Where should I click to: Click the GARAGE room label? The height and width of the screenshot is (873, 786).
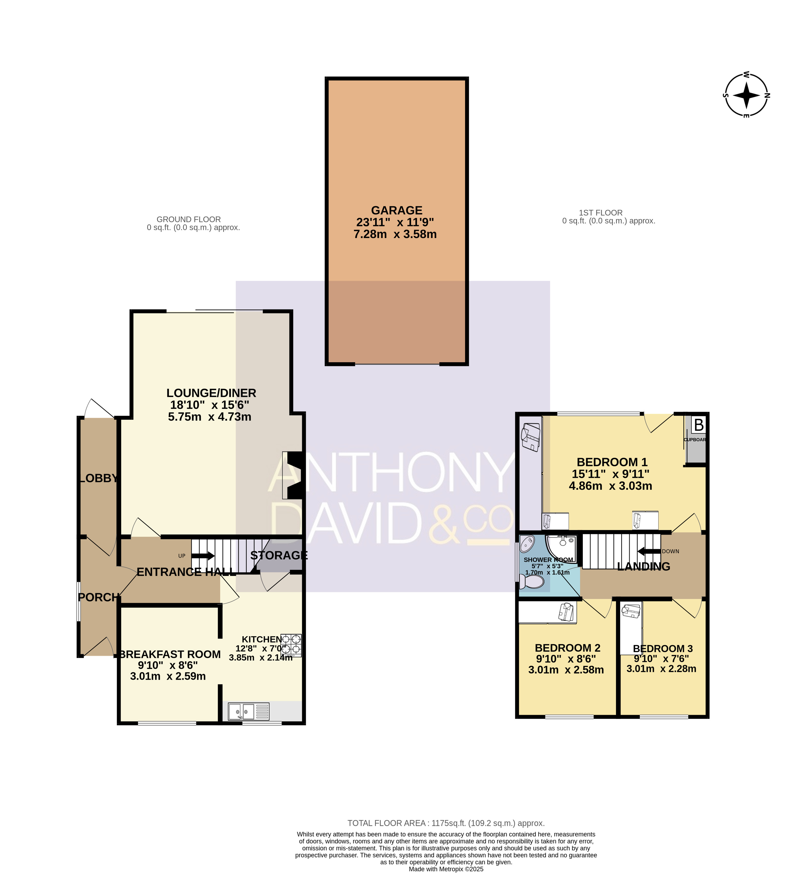coord(396,210)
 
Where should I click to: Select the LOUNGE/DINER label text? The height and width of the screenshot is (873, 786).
coord(211,393)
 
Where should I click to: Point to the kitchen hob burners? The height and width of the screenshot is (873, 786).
coord(291,645)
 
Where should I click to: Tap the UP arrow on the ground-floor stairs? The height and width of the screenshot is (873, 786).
coord(203,556)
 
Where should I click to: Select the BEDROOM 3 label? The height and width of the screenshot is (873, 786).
coord(662,649)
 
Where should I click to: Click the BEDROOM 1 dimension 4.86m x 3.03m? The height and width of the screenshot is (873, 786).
coord(610,486)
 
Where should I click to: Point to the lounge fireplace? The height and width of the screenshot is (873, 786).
coord(293,475)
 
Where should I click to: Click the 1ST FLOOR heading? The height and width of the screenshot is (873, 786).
coord(601,212)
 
